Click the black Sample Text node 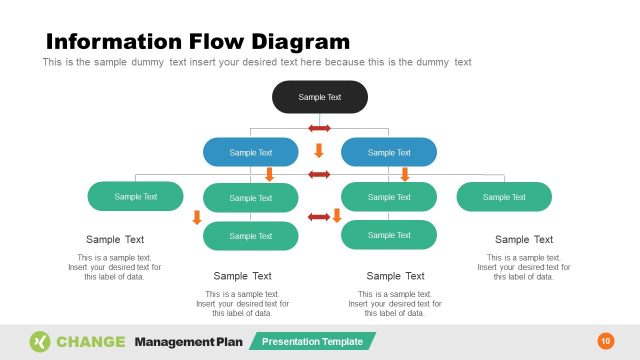point(320,97)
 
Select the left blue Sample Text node point(250,152)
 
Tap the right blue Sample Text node point(389,152)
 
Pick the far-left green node point(136,197)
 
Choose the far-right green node point(504,197)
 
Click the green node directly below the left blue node point(250,198)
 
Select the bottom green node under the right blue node point(389,235)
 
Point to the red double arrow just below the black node point(319,128)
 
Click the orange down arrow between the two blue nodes point(319,151)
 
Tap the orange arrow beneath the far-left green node point(197,217)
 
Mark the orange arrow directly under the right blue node point(405,175)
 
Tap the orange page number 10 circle point(605,341)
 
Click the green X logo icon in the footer point(40,341)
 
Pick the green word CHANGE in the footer point(91,341)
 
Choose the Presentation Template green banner point(312,341)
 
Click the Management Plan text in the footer point(189,341)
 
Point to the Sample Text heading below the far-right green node point(524,240)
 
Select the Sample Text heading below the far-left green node point(115,240)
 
